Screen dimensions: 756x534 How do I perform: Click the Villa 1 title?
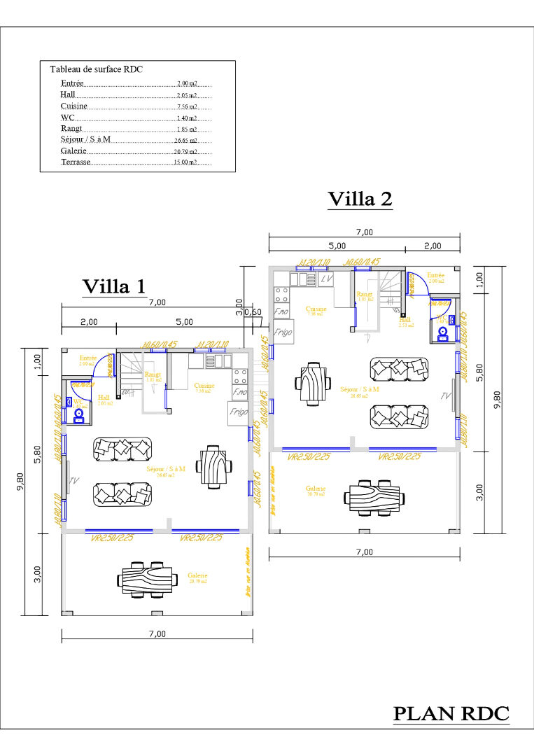pos(114,286)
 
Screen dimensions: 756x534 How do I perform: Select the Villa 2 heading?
pos(360,199)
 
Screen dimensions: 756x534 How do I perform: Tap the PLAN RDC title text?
pos(451,714)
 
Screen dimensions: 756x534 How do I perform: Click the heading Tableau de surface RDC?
pos(97,69)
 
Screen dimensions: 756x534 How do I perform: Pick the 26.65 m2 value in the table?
pos(185,140)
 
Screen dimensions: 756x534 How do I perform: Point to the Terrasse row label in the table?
pos(76,162)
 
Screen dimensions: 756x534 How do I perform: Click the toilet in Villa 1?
pos(78,414)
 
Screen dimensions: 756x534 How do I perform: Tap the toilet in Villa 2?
pos(443,334)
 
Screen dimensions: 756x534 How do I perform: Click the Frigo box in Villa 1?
pos(238,412)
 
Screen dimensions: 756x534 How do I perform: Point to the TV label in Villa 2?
pos(446,396)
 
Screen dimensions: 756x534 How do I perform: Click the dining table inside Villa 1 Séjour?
pos(213,465)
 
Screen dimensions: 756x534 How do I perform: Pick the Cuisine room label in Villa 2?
pos(316,308)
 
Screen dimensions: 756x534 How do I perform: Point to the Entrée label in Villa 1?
pos(87,358)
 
